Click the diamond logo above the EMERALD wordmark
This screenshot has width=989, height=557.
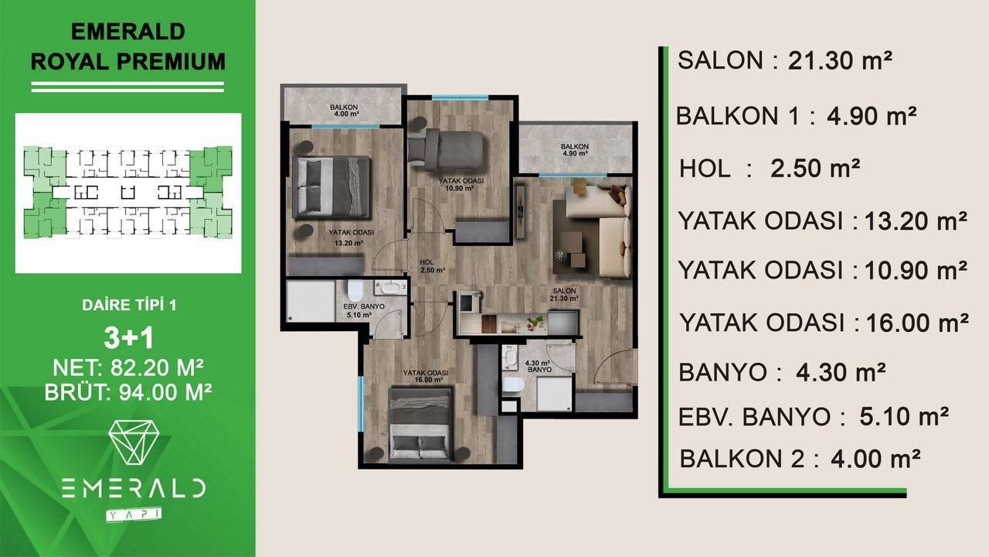(x=134, y=442)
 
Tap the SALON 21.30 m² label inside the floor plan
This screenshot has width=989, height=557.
(x=564, y=295)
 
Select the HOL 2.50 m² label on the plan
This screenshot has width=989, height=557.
(x=432, y=266)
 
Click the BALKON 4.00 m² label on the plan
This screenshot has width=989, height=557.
(x=344, y=111)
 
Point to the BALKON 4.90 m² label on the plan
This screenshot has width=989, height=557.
(x=574, y=150)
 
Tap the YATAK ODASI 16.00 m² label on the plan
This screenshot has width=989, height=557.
(x=425, y=376)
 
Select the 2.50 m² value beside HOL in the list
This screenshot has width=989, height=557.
(x=815, y=169)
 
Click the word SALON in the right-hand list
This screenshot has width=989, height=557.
(x=720, y=60)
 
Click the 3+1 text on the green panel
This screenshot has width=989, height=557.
(x=129, y=338)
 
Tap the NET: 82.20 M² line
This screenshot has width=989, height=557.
(x=128, y=367)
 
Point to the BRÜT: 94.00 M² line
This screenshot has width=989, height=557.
(x=128, y=391)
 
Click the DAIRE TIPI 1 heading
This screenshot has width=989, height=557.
(x=129, y=305)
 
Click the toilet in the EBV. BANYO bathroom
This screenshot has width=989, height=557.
(x=355, y=290)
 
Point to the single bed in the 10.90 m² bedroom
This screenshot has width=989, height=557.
(x=446, y=150)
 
